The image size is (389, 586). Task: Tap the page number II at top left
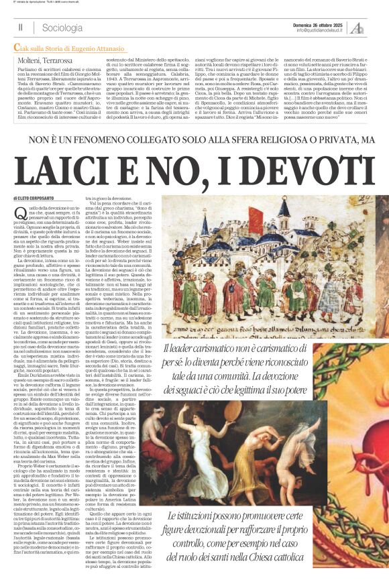pyautogui.click(x=21, y=27)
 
